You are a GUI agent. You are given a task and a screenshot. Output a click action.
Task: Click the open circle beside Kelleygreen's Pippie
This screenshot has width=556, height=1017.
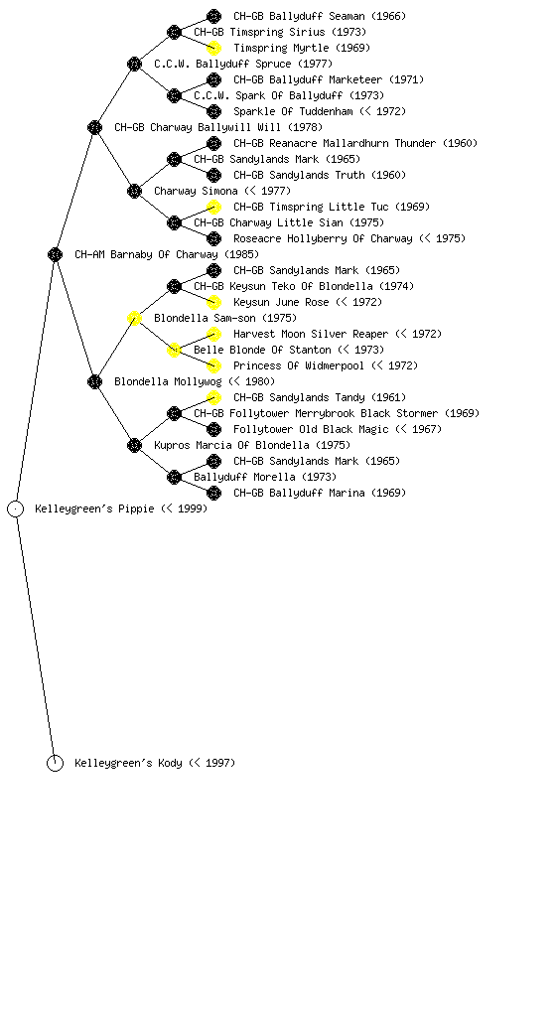tap(16, 509)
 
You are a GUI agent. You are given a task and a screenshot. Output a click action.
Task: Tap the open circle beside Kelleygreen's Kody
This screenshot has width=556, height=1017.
tap(55, 764)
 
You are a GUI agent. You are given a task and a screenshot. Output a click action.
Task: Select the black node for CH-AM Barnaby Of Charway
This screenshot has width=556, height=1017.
tap(55, 255)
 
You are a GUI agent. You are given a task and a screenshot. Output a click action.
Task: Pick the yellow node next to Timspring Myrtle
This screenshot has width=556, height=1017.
tap(213, 48)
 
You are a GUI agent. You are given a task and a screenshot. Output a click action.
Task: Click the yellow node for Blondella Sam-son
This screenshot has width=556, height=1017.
tap(134, 319)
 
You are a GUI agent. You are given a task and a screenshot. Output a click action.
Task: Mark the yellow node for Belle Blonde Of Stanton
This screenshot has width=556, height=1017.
tap(174, 351)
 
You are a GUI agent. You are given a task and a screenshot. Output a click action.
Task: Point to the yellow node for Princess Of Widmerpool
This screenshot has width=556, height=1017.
tap(213, 365)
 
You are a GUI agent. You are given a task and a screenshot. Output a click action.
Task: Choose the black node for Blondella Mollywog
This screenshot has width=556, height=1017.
tap(94, 382)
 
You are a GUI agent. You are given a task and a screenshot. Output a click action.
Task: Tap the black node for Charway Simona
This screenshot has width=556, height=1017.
tap(134, 192)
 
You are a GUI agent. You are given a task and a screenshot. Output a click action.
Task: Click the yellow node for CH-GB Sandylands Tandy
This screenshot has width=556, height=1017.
tap(213, 397)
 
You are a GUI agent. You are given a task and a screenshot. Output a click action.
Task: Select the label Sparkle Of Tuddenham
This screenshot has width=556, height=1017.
tap(293, 111)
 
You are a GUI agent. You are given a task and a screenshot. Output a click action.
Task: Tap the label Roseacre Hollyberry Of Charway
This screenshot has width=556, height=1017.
tap(323, 238)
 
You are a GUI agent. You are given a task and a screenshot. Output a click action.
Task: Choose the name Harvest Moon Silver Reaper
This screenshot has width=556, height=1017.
tap(311, 334)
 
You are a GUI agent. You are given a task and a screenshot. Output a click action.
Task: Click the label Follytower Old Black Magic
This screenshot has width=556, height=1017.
tap(311, 429)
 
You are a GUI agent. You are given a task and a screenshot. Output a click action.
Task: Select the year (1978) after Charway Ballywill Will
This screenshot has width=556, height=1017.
tap(305, 128)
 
